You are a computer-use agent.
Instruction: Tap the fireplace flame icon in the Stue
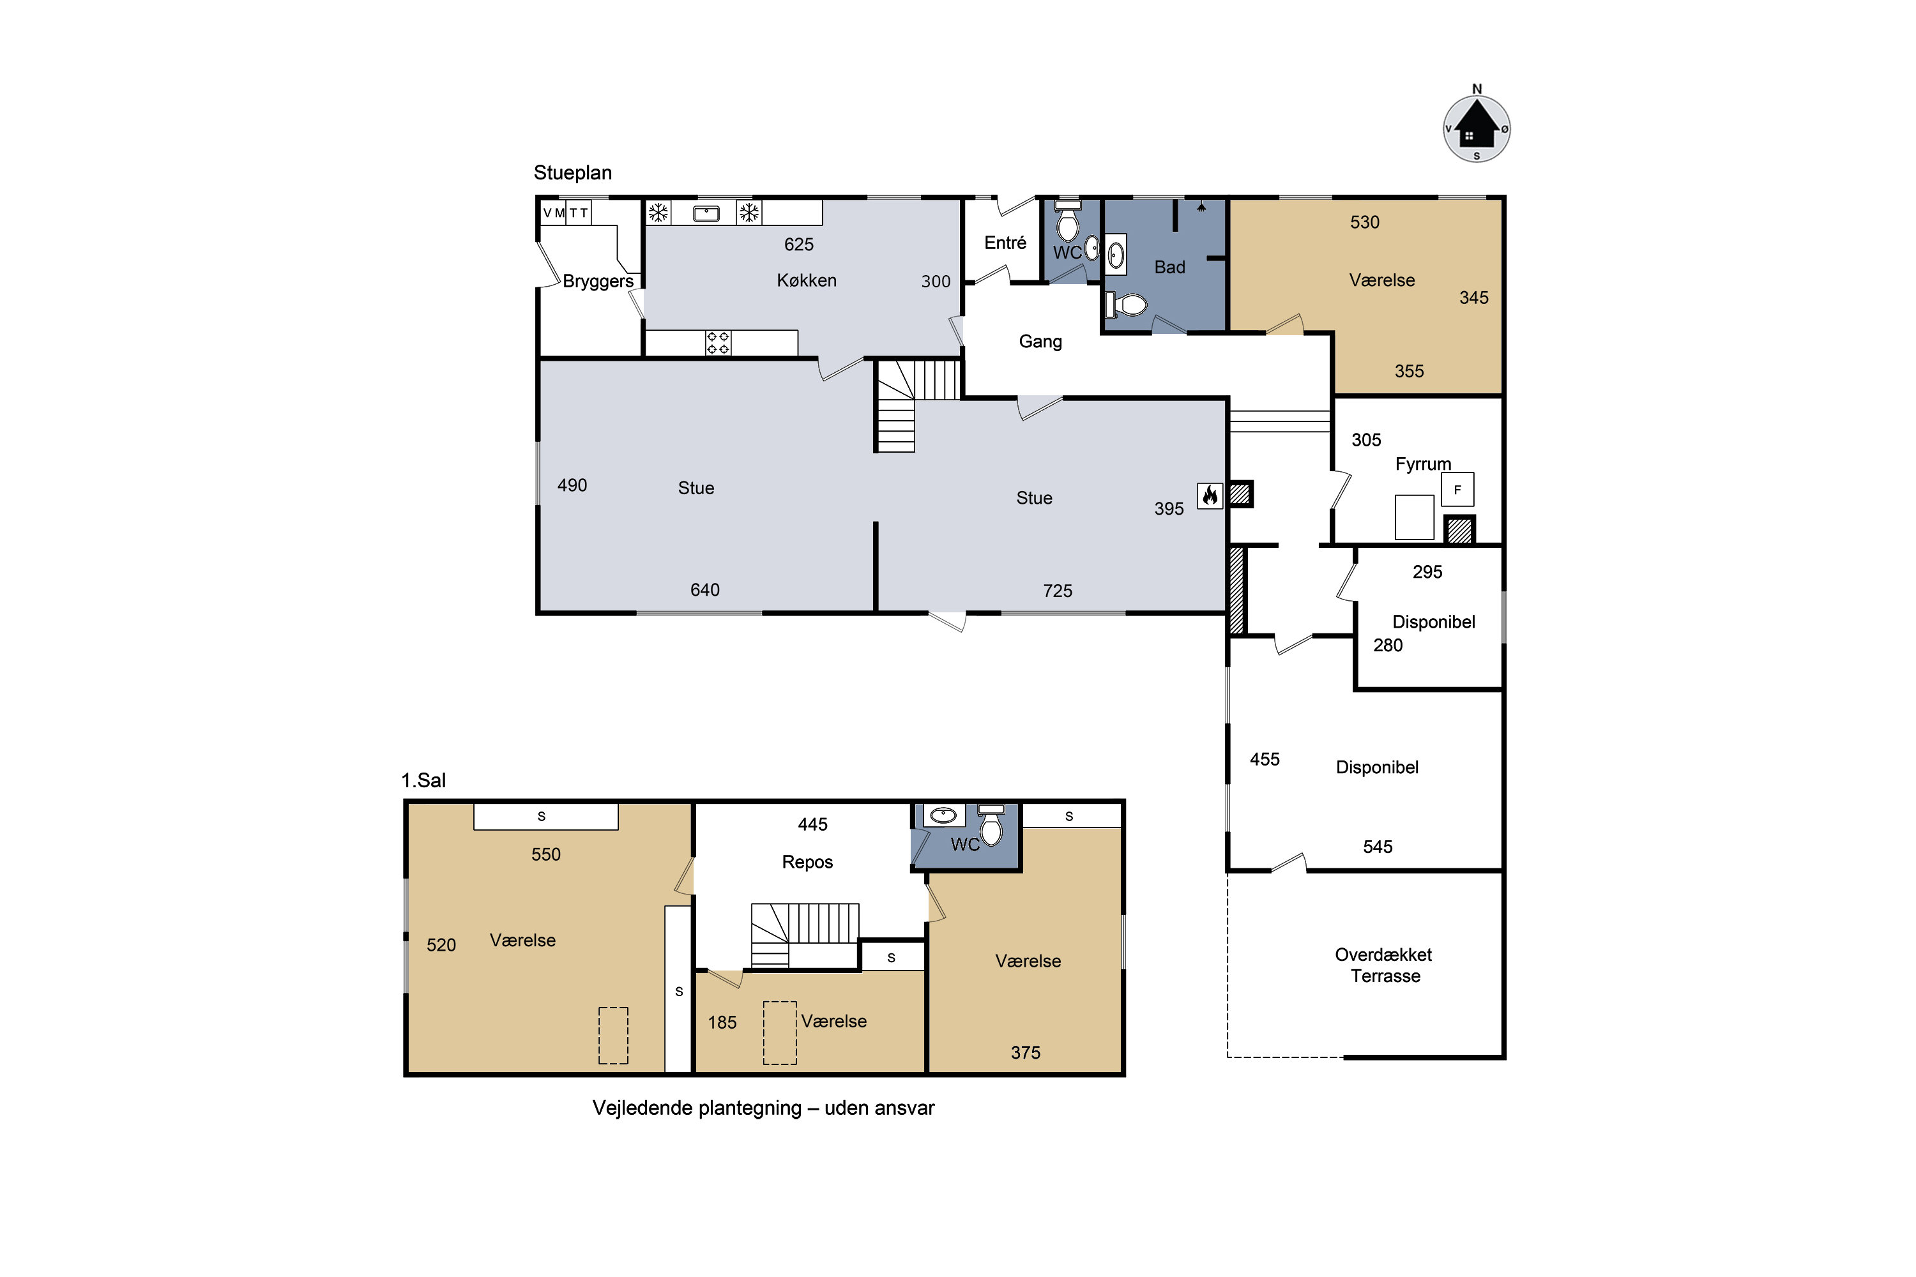point(1210,495)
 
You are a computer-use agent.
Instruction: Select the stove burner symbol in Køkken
point(718,343)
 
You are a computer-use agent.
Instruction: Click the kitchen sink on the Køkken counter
point(706,213)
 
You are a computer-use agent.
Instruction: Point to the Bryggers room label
point(598,282)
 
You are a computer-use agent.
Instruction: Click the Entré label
point(1005,243)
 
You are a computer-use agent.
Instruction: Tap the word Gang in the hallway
point(1040,341)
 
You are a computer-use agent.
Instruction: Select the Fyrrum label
point(1423,464)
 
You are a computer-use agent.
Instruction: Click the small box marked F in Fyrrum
point(1457,490)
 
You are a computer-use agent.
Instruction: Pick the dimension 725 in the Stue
point(1058,591)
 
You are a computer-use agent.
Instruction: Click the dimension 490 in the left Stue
point(572,485)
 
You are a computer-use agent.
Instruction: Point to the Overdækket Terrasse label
point(1384,965)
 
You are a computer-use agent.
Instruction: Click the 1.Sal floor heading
point(423,780)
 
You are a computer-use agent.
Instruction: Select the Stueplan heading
point(573,172)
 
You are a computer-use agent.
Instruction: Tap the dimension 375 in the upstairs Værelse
point(1026,1052)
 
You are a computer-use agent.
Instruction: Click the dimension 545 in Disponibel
point(1378,847)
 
